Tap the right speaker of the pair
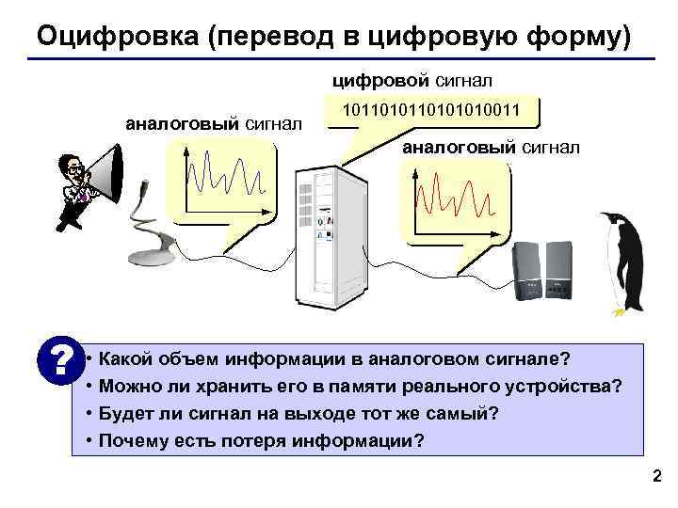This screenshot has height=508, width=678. point(558,269)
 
